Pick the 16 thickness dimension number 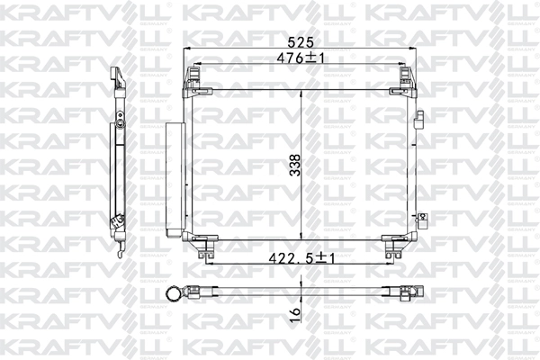[296, 314]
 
